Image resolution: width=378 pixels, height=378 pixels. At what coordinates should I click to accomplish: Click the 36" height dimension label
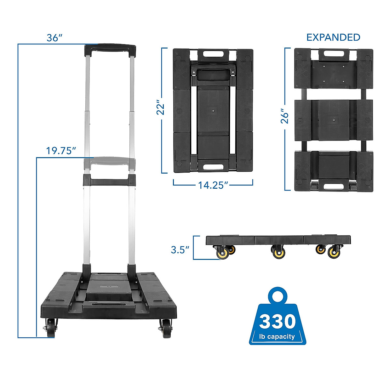[53, 37]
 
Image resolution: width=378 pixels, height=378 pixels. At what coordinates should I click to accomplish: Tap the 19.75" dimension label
[61, 151]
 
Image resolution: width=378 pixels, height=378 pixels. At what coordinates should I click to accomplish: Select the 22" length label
[161, 108]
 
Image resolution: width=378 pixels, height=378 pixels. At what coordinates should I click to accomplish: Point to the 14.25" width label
[213, 185]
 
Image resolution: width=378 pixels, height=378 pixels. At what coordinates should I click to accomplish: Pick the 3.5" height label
[180, 250]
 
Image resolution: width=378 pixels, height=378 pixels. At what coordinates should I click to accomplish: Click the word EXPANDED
[333, 37]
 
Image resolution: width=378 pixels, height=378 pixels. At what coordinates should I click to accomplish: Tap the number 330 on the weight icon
[278, 322]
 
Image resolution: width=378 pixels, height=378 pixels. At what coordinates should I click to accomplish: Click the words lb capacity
[277, 336]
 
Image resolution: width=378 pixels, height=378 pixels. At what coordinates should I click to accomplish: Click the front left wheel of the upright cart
[51, 328]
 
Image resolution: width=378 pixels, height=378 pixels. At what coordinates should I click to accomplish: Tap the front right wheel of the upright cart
[166, 328]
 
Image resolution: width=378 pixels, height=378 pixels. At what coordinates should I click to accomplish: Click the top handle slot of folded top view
[213, 54]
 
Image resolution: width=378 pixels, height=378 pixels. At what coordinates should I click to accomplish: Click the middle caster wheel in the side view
[278, 252]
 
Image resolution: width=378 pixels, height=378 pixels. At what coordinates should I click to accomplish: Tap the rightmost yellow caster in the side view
[333, 252]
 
